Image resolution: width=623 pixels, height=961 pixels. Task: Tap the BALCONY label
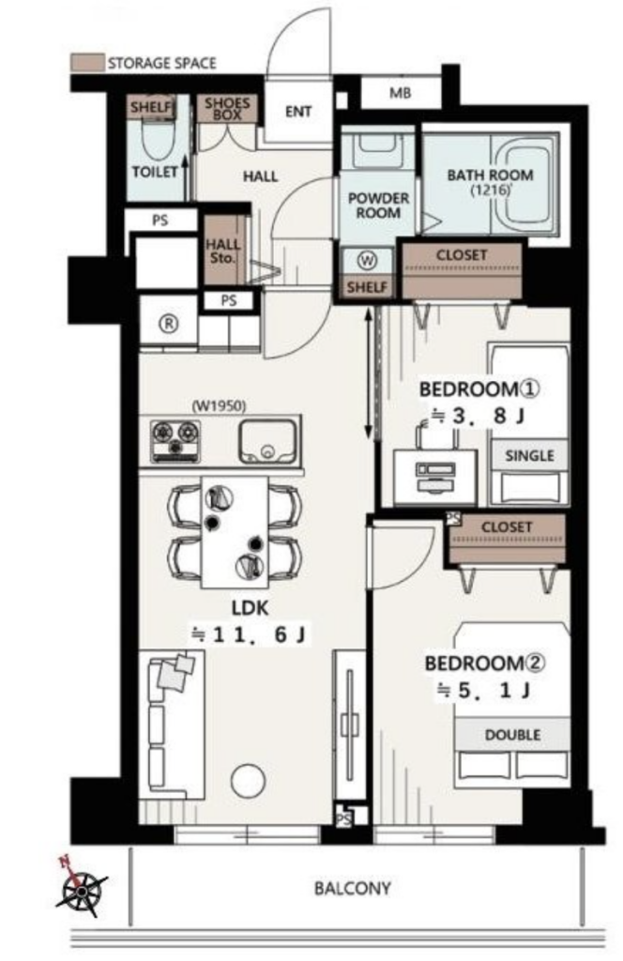click(352, 888)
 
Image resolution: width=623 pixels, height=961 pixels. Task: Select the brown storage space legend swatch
click(87, 63)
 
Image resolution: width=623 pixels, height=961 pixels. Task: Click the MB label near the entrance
click(400, 94)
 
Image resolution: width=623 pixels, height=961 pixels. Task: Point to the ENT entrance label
click(298, 112)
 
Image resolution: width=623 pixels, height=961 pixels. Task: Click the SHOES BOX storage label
click(227, 109)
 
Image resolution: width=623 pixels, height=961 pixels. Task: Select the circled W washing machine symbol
click(367, 261)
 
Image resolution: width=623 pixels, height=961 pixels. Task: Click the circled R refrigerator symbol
click(169, 324)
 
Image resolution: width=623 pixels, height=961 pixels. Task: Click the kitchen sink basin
click(267, 441)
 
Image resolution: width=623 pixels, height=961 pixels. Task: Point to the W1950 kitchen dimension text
click(219, 405)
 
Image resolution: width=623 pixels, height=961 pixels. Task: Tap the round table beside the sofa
click(248, 781)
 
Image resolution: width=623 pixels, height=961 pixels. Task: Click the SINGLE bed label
click(530, 455)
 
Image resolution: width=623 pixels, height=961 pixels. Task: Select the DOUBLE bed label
click(512, 734)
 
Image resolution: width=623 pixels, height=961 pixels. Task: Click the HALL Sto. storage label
click(222, 252)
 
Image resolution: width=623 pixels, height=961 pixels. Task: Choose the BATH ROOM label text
click(490, 175)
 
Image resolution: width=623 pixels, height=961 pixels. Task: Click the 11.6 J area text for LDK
click(250, 634)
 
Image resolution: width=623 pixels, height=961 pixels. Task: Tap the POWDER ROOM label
click(378, 206)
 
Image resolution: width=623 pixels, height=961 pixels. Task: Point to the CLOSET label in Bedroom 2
click(507, 527)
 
